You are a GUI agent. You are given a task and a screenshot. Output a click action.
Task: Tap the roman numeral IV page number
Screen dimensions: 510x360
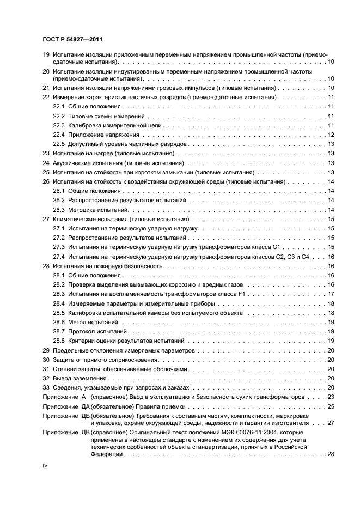coord(45,467)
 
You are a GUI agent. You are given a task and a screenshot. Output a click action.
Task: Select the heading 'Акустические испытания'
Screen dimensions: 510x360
coord(88,163)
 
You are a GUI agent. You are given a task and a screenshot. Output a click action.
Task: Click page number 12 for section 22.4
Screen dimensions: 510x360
coord(330,135)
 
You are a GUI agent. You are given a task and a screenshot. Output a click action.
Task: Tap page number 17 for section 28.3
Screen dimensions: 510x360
coord(330,294)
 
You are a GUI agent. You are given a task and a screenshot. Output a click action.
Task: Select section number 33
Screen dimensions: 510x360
coord(46,387)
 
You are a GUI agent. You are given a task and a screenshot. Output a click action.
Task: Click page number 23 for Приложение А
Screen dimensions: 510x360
coord(330,397)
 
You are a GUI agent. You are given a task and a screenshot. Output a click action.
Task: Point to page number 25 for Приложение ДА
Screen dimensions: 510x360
coord(330,407)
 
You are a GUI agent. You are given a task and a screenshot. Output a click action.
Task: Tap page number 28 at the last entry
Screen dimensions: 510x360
coord(330,454)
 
